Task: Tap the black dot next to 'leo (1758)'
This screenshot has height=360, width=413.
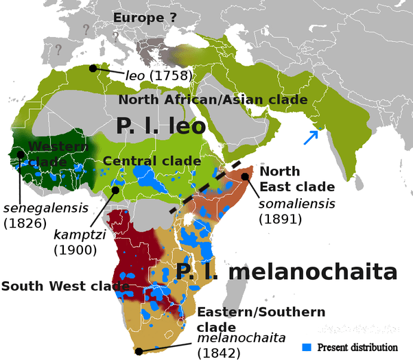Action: click(x=93, y=69)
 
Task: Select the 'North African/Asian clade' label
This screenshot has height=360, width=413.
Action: click(x=213, y=100)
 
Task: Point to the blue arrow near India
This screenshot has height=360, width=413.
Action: click(x=311, y=136)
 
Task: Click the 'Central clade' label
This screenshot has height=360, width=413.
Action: click(x=152, y=161)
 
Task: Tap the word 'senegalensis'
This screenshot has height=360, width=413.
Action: click(x=46, y=208)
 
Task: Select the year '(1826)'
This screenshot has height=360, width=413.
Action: click(x=25, y=223)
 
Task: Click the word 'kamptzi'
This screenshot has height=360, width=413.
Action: click(x=78, y=235)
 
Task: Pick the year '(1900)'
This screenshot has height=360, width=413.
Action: click(x=75, y=250)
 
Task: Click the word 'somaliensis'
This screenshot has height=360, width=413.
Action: click(x=297, y=204)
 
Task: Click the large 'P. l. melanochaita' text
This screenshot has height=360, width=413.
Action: click(x=286, y=272)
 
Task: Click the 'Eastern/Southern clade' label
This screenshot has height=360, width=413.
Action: click(x=261, y=319)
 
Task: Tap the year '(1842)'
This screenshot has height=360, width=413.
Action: click(x=219, y=353)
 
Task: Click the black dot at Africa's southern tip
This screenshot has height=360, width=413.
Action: click(x=139, y=351)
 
